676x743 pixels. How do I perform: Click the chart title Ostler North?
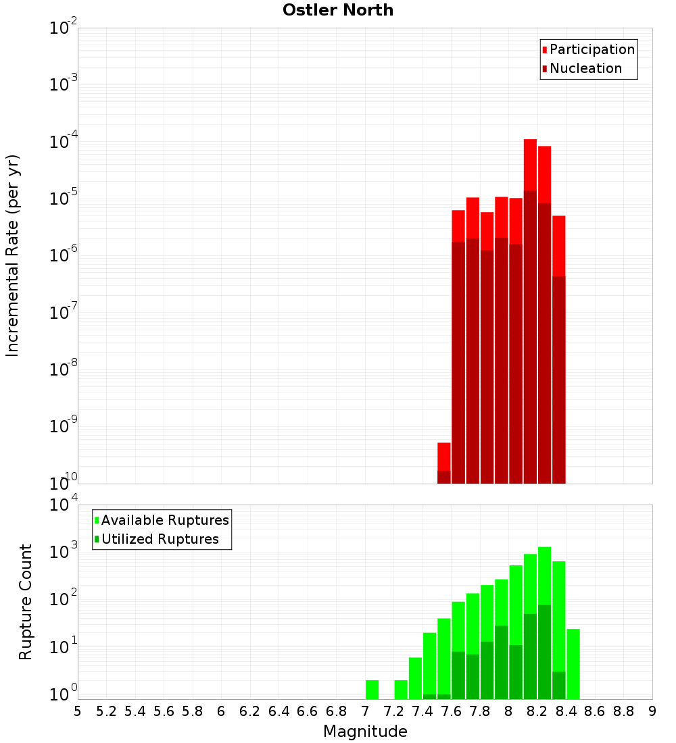(337, 10)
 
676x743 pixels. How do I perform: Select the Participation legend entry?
(591, 50)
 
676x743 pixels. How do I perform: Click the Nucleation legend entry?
(585, 69)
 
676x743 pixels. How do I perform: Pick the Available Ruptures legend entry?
(164, 520)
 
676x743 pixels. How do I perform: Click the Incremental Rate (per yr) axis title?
(13, 255)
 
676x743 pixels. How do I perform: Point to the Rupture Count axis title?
(26, 602)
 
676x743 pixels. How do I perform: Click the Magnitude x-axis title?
(365, 732)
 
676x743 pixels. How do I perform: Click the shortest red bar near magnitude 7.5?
(444, 463)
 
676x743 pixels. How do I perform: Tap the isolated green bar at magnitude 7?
(372, 689)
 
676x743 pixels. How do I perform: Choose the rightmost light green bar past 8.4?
(573, 663)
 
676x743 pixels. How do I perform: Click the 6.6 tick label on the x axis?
(308, 711)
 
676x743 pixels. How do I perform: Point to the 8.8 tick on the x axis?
(624, 711)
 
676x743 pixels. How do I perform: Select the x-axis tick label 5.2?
(107, 711)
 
